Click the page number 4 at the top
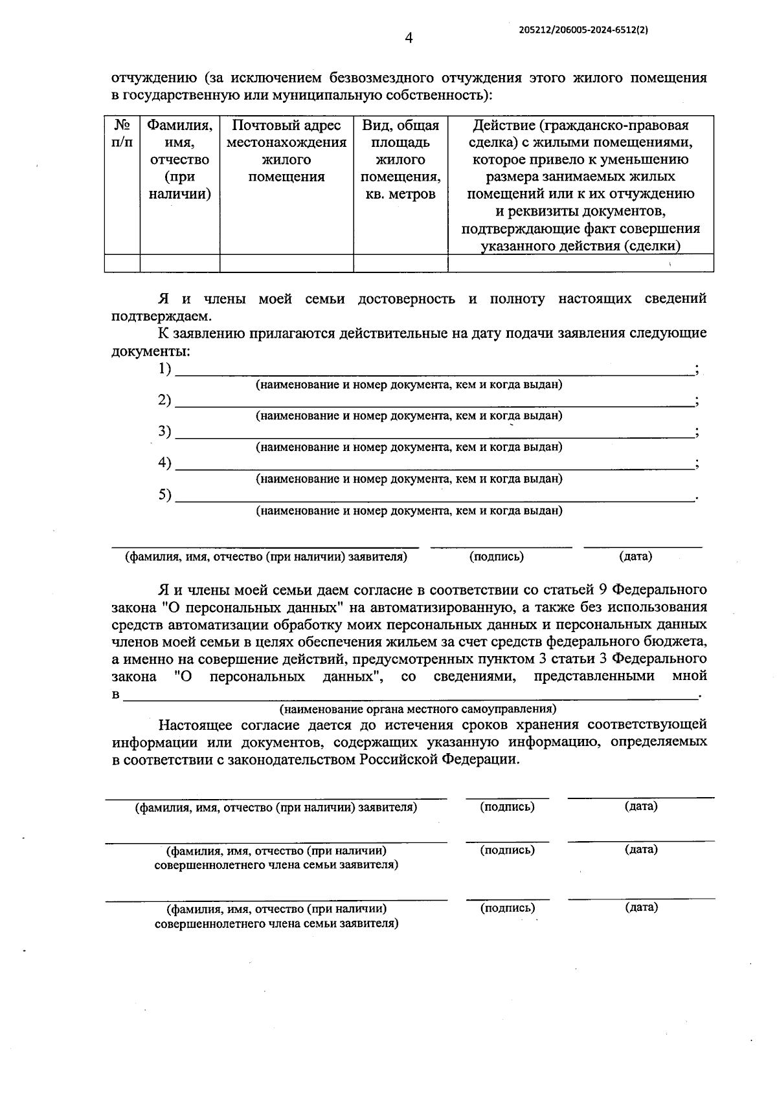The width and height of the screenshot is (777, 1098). point(409,38)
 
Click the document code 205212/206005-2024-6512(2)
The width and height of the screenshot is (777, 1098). point(583,30)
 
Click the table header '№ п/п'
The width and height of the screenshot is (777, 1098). point(122,133)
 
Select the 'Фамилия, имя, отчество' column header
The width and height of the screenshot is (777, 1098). point(180,159)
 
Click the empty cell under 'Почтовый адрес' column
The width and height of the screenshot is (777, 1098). point(286,263)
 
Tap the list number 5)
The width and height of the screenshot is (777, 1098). point(164,495)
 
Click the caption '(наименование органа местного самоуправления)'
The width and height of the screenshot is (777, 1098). point(418,708)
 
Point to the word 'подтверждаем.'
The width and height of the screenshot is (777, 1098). point(161,316)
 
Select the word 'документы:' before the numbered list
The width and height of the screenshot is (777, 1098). point(151,351)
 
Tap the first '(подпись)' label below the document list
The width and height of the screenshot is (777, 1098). point(497,556)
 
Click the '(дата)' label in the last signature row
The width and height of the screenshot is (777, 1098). point(641,907)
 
